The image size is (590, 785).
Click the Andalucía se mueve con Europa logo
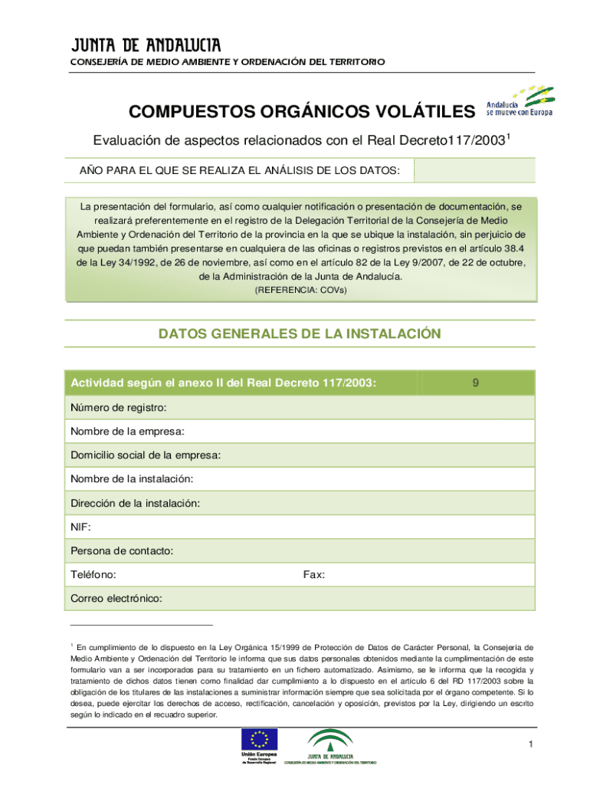click(x=520, y=100)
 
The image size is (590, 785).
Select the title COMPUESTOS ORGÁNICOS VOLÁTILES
click(x=302, y=113)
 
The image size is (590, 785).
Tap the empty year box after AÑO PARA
click(x=474, y=170)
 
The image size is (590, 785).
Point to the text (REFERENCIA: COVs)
click(x=300, y=290)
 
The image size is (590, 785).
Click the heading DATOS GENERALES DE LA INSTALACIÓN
click(x=300, y=333)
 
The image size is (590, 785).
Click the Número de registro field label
click(x=119, y=407)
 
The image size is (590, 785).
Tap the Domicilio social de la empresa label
click(x=146, y=455)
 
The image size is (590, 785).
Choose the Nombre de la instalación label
click(x=132, y=479)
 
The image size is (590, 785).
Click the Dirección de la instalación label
click(x=136, y=503)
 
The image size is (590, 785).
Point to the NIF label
click(x=80, y=527)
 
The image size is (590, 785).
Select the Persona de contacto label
click(x=122, y=550)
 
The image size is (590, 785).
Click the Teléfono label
click(x=93, y=574)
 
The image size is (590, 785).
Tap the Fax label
click(x=313, y=574)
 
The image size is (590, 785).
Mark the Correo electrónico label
click(x=116, y=598)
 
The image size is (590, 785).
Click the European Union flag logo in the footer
click(x=260, y=741)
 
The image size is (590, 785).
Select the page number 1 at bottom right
click(x=529, y=744)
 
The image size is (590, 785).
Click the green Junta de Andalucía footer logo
click(x=331, y=742)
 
